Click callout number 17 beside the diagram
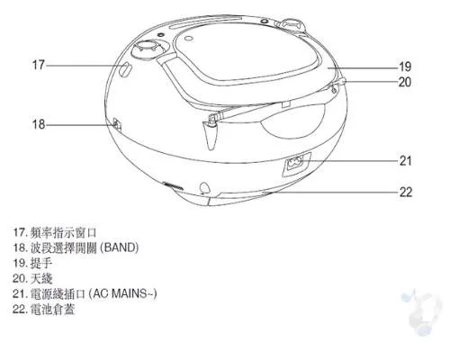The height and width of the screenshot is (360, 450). (x=39, y=65)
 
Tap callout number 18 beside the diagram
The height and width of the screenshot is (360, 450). (x=39, y=124)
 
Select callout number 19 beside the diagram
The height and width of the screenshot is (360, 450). (x=405, y=67)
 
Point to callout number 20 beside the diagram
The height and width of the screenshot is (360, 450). (x=405, y=82)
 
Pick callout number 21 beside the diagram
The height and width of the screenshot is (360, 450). (x=405, y=161)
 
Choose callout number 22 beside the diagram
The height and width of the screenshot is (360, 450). (x=406, y=192)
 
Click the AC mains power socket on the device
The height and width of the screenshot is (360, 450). (x=295, y=164)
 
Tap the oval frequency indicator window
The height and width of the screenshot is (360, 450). (x=125, y=70)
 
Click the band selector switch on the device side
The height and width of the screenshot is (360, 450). (x=117, y=124)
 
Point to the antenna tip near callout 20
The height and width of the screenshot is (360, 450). (x=344, y=80)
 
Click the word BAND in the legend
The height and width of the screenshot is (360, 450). (x=120, y=247)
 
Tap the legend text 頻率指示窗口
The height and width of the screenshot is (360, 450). (x=63, y=232)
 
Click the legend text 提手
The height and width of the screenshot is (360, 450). (x=41, y=263)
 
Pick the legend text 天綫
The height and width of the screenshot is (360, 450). (x=41, y=278)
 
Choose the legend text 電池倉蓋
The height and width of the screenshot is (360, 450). (x=52, y=309)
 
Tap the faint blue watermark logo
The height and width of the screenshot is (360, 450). (x=421, y=312)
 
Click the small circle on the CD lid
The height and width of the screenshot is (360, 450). (x=189, y=39)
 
